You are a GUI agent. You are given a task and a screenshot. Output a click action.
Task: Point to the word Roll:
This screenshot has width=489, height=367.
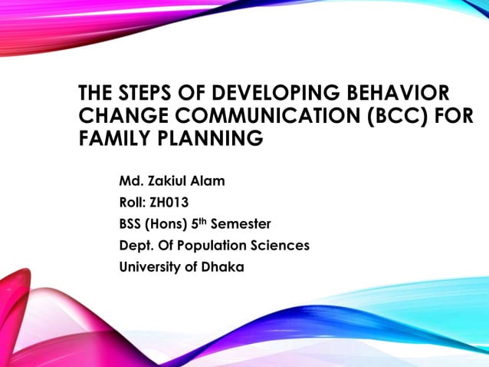click(134, 203)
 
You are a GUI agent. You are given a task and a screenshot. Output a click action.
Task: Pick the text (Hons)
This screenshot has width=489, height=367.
click(169, 225)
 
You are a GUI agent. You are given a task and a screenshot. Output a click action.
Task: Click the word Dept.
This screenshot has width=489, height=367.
click(136, 246)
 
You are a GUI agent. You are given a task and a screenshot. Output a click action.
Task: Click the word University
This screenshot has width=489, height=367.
click(153, 268)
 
